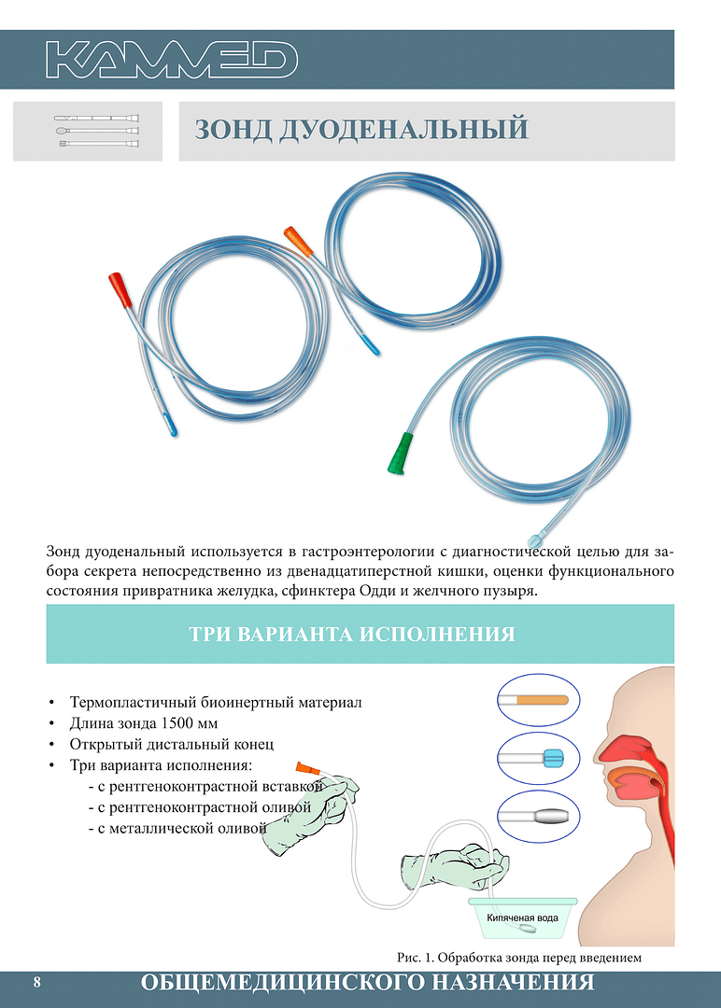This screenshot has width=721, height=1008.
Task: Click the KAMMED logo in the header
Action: point(172,59)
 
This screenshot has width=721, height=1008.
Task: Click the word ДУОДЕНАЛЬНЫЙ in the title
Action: point(403,129)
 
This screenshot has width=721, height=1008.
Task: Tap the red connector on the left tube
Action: point(120,289)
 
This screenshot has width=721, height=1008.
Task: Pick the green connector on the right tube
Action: point(402,454)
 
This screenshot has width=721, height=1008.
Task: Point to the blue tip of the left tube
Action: point(170,425)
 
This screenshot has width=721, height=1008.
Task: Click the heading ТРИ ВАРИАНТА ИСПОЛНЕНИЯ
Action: point(352,634)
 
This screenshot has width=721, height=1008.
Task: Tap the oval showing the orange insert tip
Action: point(538,700)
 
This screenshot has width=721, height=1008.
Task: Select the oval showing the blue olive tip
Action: point(538,758)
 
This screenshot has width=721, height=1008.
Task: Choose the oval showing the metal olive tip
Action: point(538,817)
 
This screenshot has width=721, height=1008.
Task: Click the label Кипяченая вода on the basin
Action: point(522,917)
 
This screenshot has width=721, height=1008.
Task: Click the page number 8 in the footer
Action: point(36,983)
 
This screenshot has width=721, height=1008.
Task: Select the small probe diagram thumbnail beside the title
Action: point(96,132)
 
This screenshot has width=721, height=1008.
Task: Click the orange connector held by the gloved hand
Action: point(306,767)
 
